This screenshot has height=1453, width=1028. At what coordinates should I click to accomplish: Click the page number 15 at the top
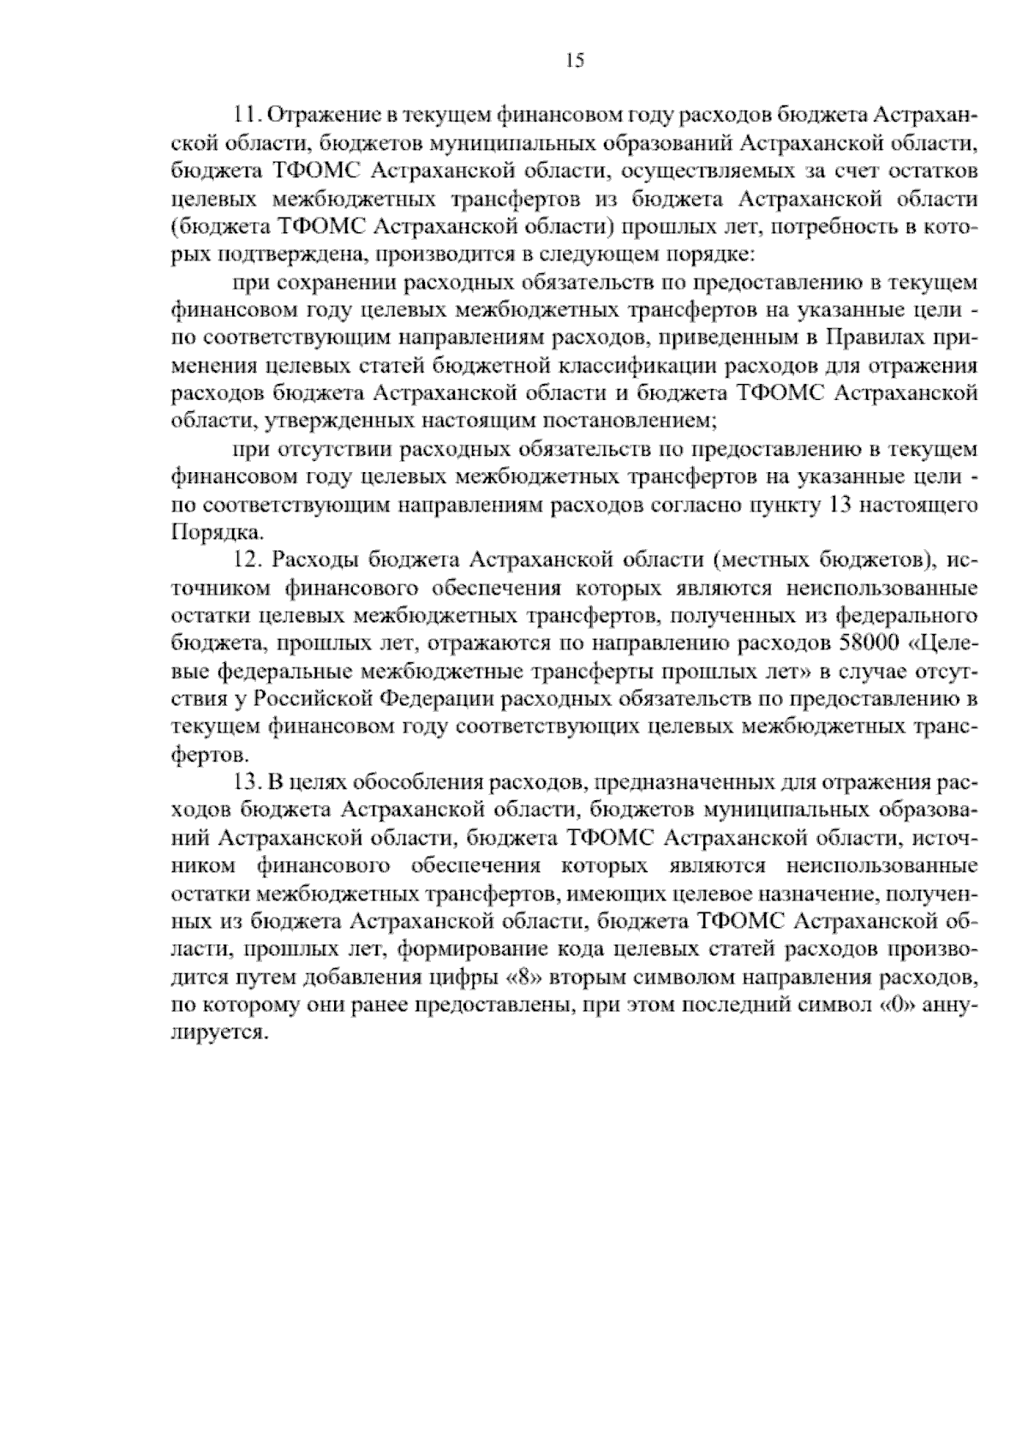click(x=575, y=60)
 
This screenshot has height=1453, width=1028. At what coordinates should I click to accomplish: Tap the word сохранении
click(x=324, y=283)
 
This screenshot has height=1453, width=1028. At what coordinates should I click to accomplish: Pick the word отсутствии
click(x=324, y=450)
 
